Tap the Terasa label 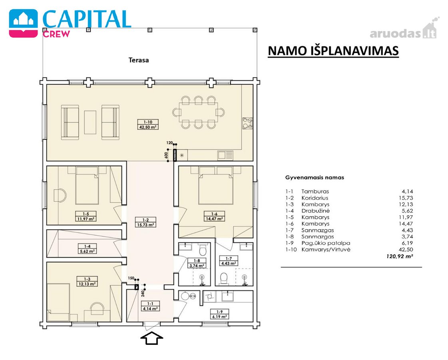(x=139, y=60)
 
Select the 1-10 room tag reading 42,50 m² (x=148, y=125)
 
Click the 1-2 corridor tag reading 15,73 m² (x=145, y=222)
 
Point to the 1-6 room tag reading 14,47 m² (x=214, y=216)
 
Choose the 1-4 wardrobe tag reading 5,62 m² (x=87, y=249)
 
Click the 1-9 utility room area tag (x=219, y=314)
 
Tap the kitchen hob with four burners (x=247, y=123)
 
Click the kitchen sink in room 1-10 (x=226, y=155)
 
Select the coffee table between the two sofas (x=90, y=122)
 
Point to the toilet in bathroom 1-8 (x=203, y=250)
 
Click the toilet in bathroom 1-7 (x=224, y=278)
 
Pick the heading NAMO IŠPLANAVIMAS (x=333, y=51)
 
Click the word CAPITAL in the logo (x=87, y=19)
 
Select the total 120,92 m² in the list (x=399, y=256)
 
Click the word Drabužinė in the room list (x=315, y=211)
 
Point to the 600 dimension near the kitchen (x=166, y=155)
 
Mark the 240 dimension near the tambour (x=143, y=293)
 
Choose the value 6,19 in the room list (x=407, y=243)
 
